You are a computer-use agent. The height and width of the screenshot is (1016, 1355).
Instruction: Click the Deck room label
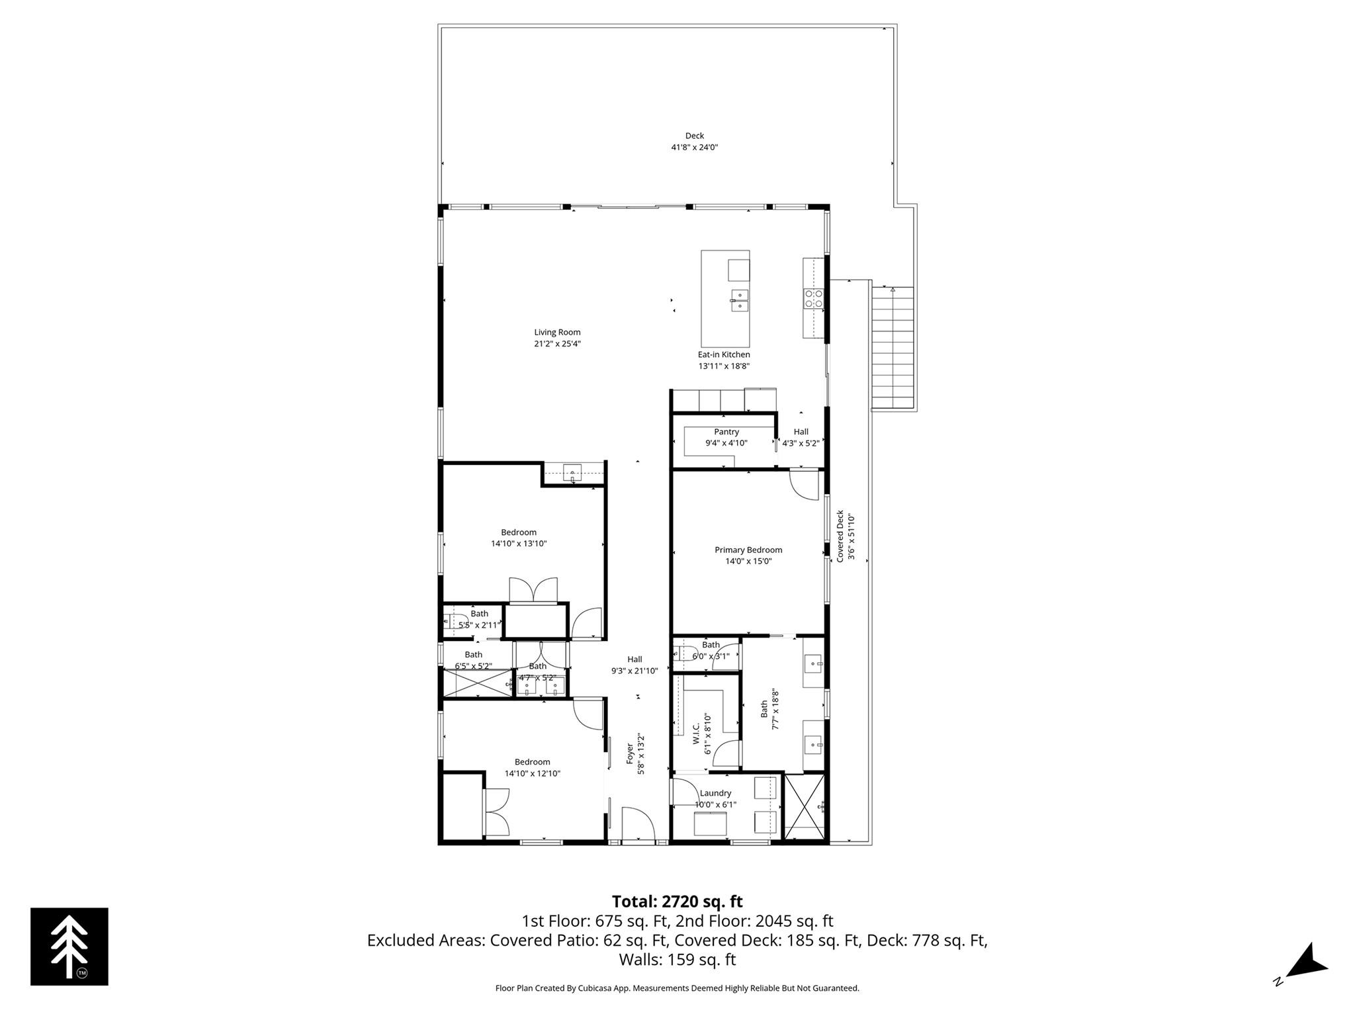pyautogui.click(x=694, y=136)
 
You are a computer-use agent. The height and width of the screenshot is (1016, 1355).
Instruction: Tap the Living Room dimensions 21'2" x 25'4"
pyautogui.click(x=557, y=344)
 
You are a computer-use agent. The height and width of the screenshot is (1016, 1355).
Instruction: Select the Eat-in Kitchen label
pyautogui.click(x=724, y=355)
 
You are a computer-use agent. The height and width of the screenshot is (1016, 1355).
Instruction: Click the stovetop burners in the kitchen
pyautogui.click(x=814, y=299)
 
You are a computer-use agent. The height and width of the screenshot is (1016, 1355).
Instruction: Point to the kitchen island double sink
pyautogui.click(x=740, y=300)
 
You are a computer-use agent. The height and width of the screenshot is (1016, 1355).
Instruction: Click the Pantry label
pyautogui.click(x=726, y=432)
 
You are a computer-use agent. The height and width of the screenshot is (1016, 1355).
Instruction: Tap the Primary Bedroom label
pyautogui.click(x=748, y=550)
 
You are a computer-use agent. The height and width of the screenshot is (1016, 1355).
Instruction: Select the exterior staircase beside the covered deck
pyautogui.click(x=893, y=348)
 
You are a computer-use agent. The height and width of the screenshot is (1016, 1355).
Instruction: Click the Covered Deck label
pyautogui.click(x=840, y=536)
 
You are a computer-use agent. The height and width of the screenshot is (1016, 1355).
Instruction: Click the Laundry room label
pyautogui.click(x=715, y=793)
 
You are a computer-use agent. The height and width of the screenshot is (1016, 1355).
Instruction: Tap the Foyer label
pyautogui.click(x=631, y=753)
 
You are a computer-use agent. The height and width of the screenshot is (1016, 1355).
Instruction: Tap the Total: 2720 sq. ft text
pyautogui.click(x=677, y=902)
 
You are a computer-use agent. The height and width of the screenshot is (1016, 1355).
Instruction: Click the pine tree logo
pyautogui.click(x=69, y=947)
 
